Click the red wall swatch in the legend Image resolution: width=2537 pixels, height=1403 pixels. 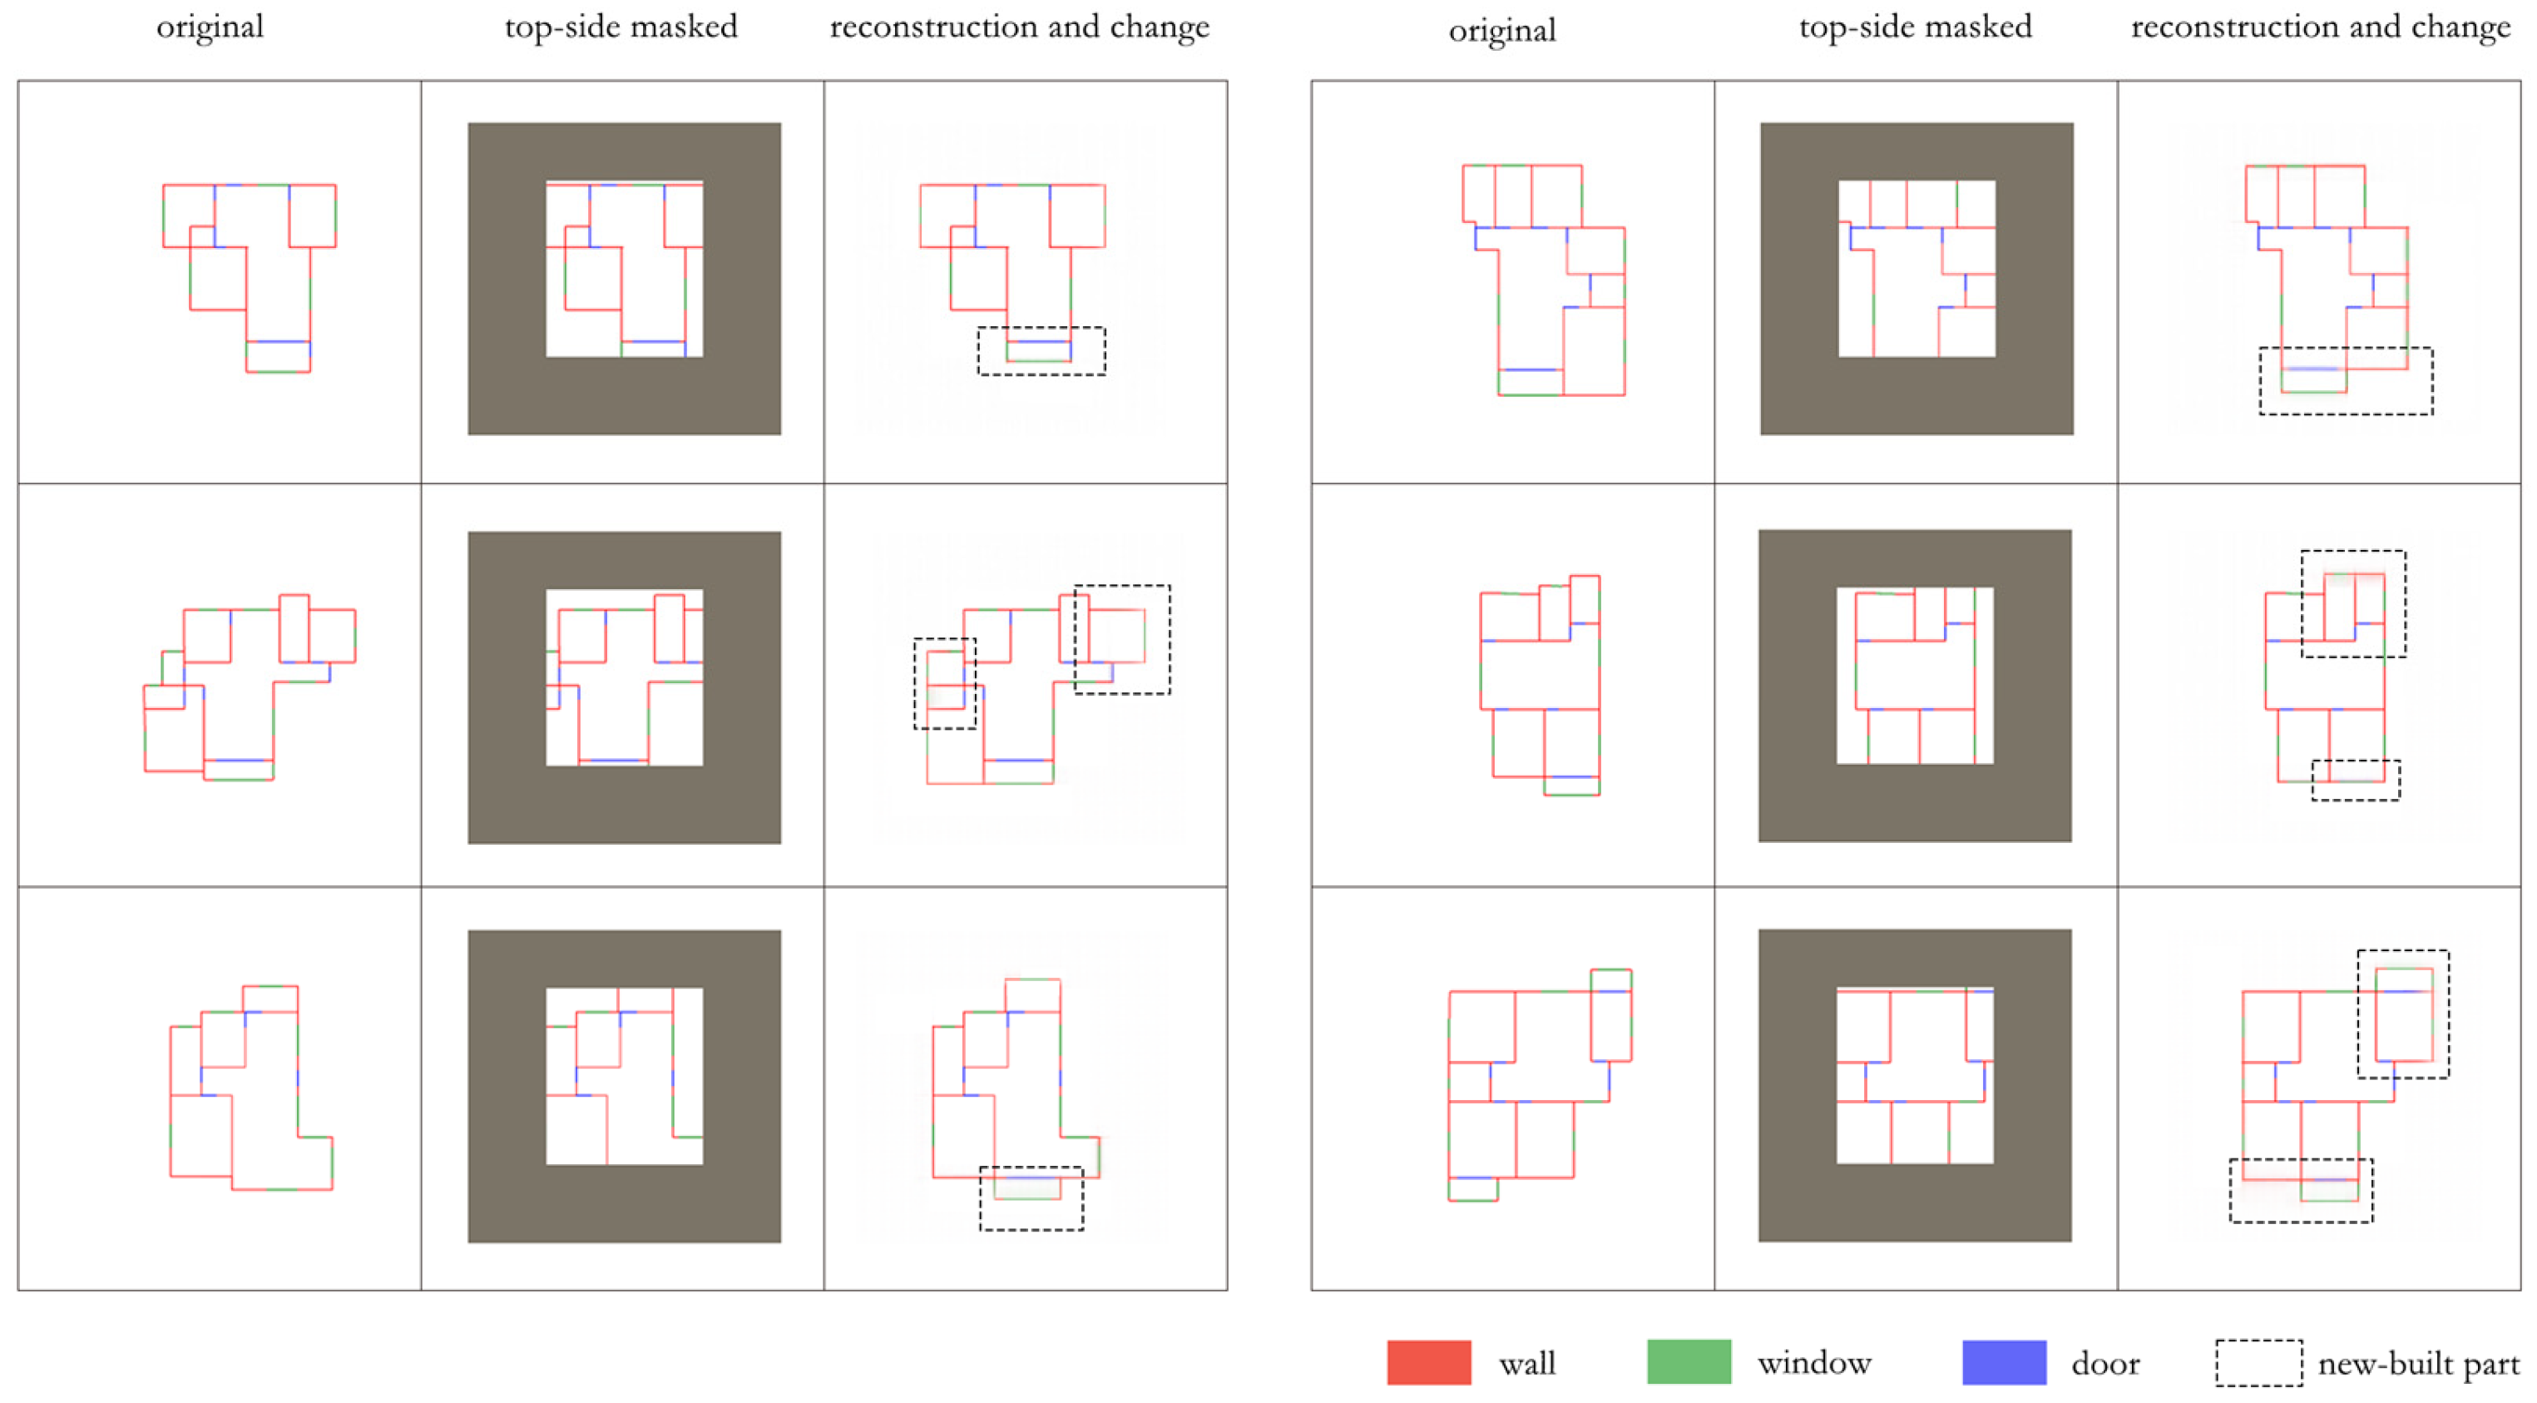click(1428, 1362)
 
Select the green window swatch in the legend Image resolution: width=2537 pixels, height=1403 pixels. click(1688, 1362)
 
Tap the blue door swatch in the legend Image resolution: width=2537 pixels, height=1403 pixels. click(2003, 1362)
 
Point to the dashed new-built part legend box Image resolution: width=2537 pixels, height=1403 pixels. click(2258, 1362)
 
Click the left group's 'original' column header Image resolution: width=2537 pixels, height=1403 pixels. click(210, 27)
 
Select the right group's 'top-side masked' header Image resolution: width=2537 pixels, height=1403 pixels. click(1915, 27)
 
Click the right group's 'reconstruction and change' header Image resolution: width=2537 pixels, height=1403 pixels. click(2321, 27)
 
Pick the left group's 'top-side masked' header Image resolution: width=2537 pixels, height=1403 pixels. click(621, 27)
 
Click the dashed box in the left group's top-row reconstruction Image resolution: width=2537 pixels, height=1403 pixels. click(1041, 351)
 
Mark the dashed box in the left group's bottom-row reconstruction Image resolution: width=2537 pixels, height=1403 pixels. click(1031, 1198)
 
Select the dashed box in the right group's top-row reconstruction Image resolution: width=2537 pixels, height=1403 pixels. click(2345, 380)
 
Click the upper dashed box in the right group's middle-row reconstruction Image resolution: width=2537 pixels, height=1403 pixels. click(2353, 604)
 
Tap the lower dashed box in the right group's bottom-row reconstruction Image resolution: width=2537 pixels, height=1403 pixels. click(2301, 1190)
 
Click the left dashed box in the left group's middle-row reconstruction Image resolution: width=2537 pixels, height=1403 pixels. click(944, 684)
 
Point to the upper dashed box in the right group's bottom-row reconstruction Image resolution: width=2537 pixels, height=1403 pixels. click(2402, 1014)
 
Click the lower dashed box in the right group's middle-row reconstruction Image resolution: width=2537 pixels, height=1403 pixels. click(2355, 780)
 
